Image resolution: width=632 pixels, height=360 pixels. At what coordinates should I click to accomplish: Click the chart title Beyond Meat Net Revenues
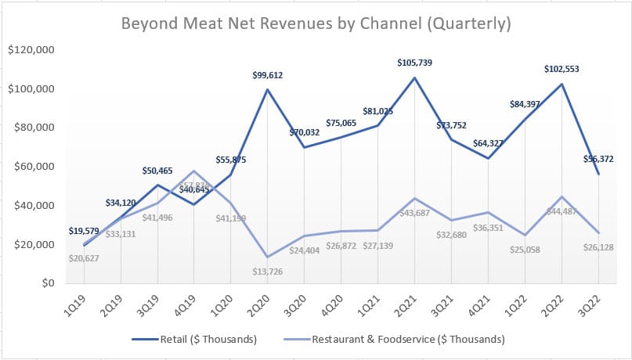pyautogui.click(x=316, y=23)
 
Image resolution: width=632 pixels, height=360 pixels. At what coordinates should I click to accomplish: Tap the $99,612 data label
pyautogui.click(x=267, y=75)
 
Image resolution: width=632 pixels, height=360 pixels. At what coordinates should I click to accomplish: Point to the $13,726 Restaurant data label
pyautogui.click(x=267, y=271)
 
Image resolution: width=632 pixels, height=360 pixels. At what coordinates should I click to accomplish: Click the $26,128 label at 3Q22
pyautogui.click(x=598, y=247)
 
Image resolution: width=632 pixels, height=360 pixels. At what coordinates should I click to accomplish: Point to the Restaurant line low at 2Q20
pyautogui.click(x=267, y=257)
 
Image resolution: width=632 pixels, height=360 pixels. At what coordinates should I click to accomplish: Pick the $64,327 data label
pyautogui.click(x=487, y=143)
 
